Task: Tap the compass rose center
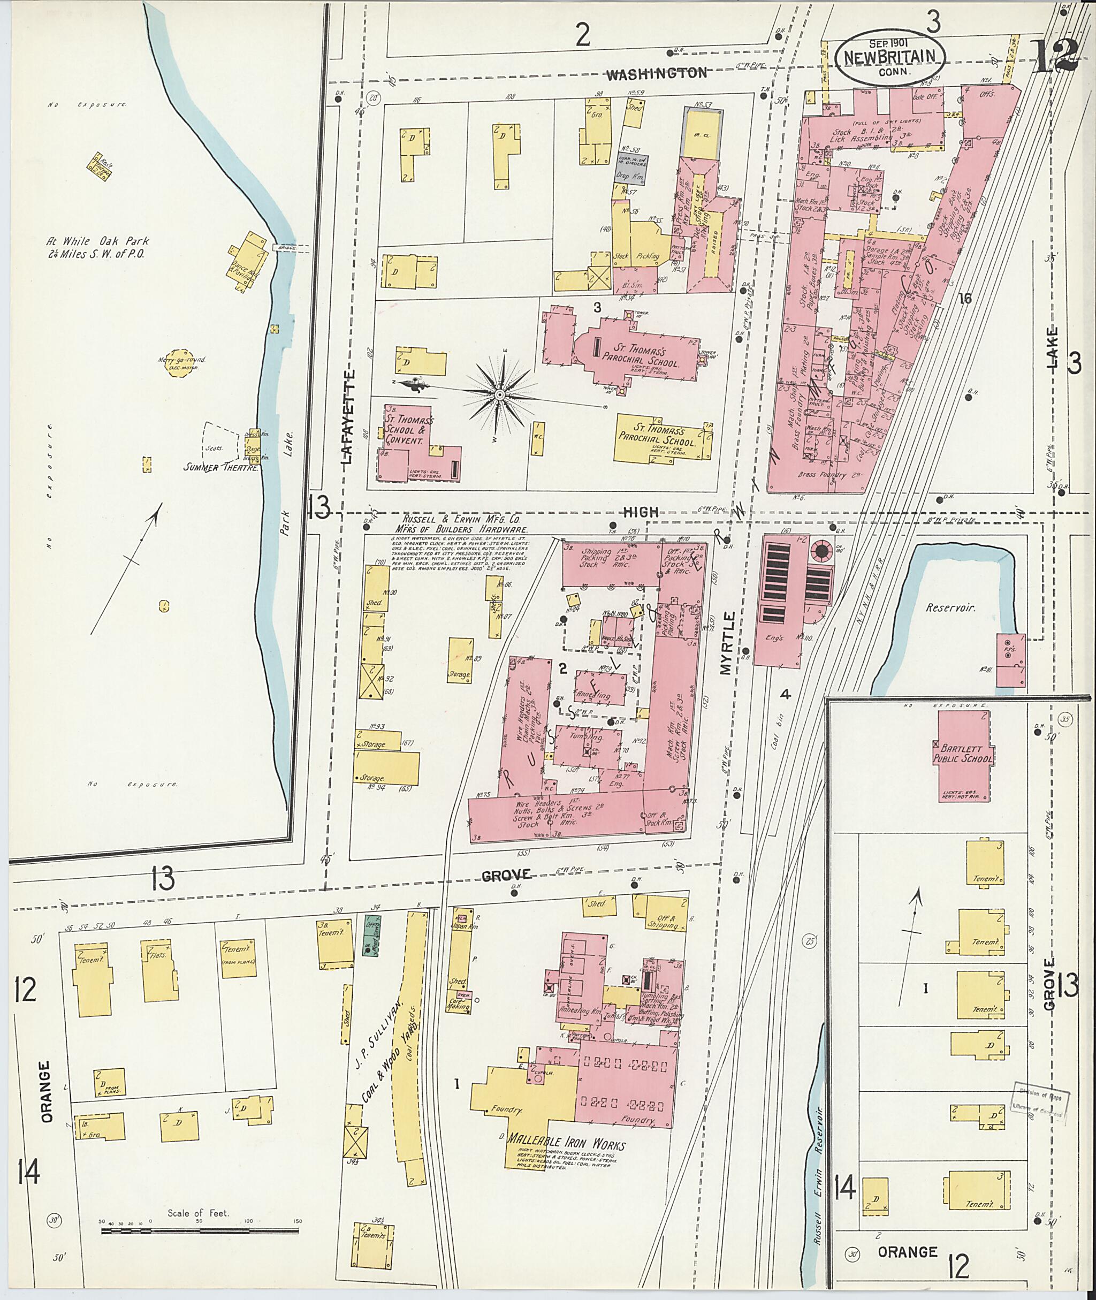tap(499, 394)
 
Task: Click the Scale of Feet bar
tap(199, 1231)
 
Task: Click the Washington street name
tap(656, 73)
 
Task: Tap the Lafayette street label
tap(348, 416)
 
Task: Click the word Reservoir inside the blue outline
tap(950, 609)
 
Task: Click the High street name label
tap(640, 512)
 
